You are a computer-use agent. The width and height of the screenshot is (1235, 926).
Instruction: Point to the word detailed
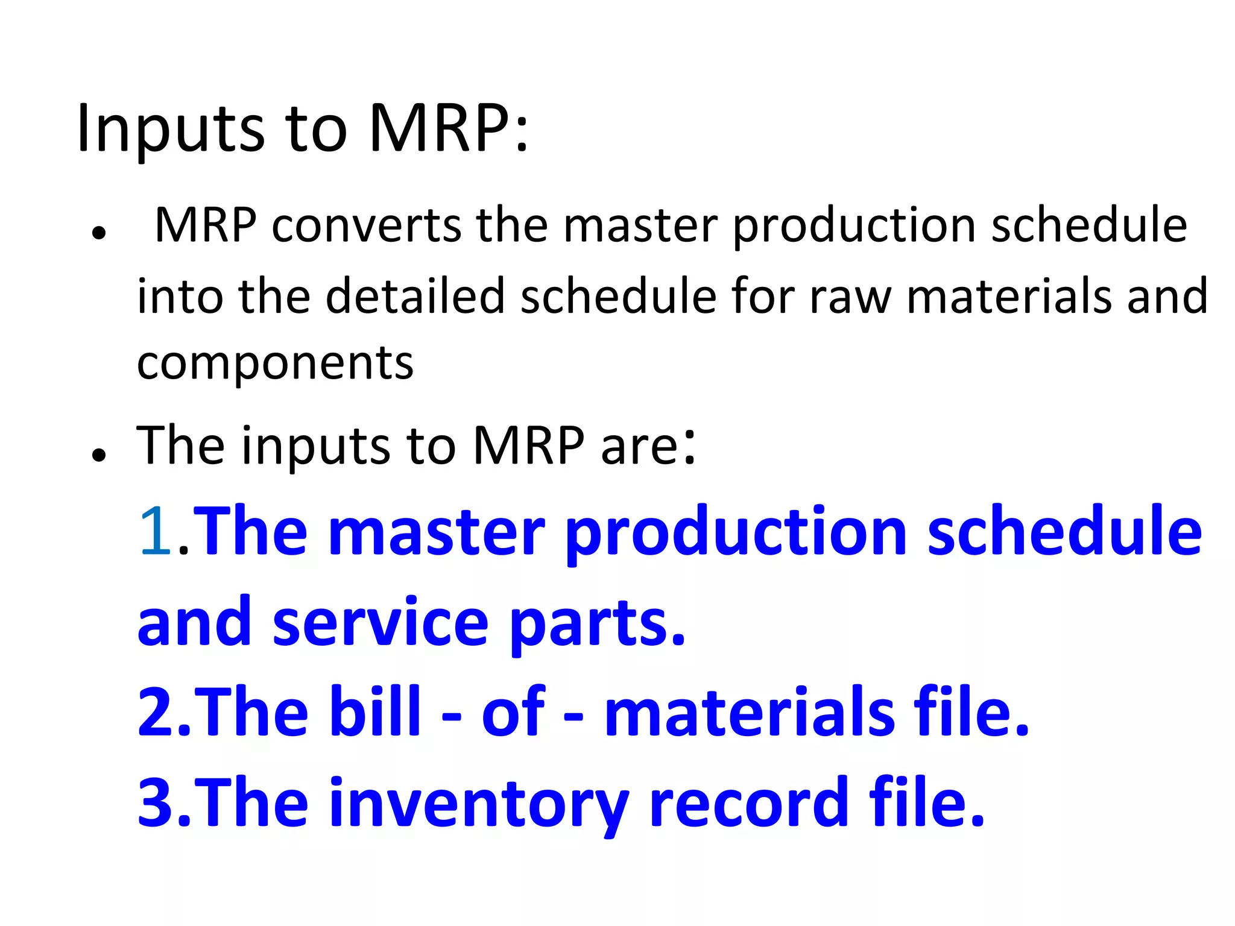(415, 296)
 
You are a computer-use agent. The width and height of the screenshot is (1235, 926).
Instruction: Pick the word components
(275, 364)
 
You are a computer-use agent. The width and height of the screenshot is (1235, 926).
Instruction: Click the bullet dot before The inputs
(99, 455)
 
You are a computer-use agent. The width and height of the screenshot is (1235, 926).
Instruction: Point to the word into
(180, 296)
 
